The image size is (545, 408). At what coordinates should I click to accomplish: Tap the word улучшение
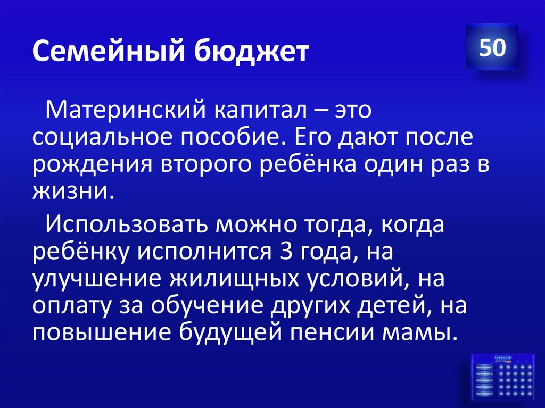(93, 280)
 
